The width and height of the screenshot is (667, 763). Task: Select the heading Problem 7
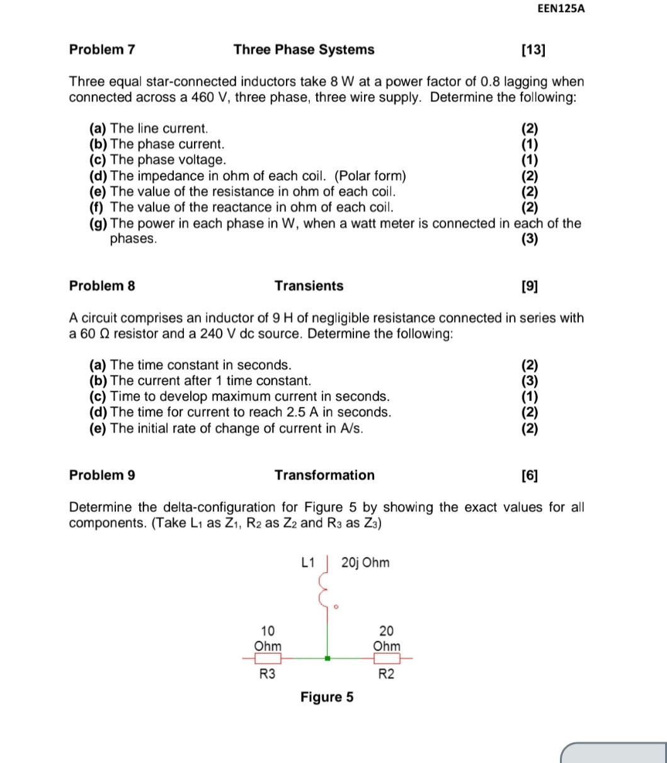(102, 50)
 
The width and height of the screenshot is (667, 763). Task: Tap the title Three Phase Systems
(304, 50)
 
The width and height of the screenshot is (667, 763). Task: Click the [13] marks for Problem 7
(533, 50)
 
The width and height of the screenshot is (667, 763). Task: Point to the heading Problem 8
(102, 286)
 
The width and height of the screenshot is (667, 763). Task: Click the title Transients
(309, 286)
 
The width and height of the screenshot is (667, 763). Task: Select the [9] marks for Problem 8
(530, 287)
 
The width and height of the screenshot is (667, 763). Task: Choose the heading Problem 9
(102, 475)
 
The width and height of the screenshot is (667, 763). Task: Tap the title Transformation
(324, 475)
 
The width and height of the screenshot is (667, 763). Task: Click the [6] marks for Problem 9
(530, 476)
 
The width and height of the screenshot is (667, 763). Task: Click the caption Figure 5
(327, 697)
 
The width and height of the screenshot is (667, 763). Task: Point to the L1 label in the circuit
(309, 563)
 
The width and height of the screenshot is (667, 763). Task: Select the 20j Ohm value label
(365, 563)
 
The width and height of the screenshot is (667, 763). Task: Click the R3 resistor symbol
(268, 658)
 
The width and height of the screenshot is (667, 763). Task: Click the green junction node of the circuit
(327, 658)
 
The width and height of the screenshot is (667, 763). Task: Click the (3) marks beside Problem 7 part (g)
(530, 239)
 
